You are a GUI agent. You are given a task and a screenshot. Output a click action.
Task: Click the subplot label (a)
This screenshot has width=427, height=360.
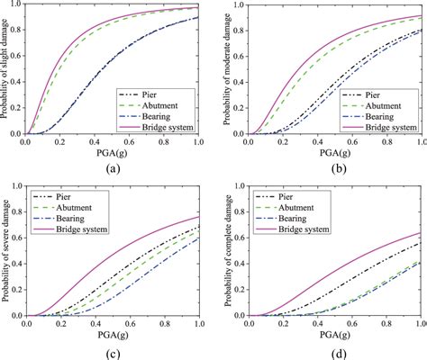(113, 168)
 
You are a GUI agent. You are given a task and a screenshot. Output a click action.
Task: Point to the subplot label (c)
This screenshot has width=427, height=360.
(113, 350)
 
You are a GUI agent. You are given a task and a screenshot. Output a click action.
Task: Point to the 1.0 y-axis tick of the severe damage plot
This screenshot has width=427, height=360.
(18, 186)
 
